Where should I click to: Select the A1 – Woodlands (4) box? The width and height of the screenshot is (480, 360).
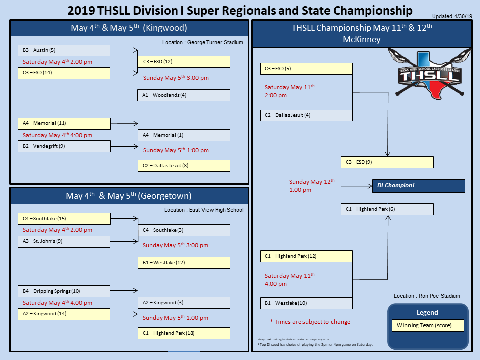pyautogui.click(x=184, y=95)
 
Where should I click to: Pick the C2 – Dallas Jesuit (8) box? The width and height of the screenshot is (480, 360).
pyautogui.click(x=184, y=165)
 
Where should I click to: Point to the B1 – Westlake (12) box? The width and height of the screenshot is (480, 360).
pyautogui.click(x=184, y=263)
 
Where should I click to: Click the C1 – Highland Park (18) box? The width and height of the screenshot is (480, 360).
pyautogui.click(x=184, y=333)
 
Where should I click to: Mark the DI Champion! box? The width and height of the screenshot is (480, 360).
pyautogui.click(x=418, y=186)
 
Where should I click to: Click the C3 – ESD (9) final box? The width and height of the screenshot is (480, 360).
pyautogui.click(x=387, y=162)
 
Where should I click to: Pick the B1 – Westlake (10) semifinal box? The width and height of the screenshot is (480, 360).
pyautogui.click(x=306, y=303)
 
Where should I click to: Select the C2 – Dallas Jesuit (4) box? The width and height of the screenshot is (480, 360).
pyautogui.click(x=306, y=115)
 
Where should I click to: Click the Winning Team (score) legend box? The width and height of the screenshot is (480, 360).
pyautogui.click(x=427, y=326)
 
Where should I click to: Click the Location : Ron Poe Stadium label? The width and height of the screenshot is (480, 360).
pyautogui.click(x=427, y=296)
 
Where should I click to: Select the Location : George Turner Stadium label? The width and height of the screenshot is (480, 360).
pyautogui.click(x=202, y=42)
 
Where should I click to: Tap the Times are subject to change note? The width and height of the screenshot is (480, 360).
pyautogui.click(x=310, y=322)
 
